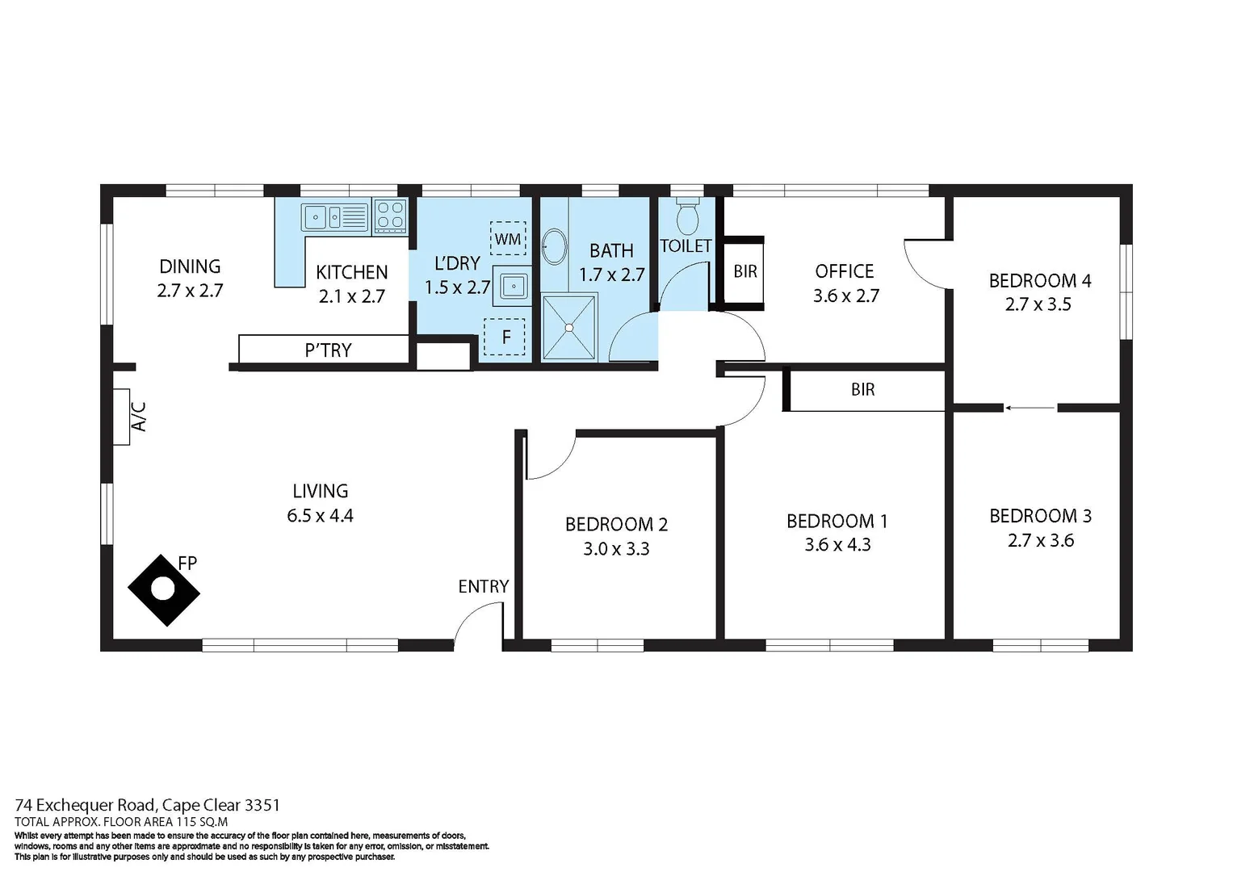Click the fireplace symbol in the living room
164,590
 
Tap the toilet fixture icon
687,216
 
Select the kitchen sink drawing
334,217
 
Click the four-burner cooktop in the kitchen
391,216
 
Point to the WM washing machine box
508,238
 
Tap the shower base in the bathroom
569,327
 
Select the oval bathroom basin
554,246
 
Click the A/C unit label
138,417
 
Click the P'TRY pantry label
328,350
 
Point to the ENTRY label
483,587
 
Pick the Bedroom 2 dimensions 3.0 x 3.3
616,549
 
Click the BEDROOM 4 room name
1039,281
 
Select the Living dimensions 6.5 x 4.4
320,516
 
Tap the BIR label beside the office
744,272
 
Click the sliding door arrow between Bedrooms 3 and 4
1030,408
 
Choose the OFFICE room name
844,271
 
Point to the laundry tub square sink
514,286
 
